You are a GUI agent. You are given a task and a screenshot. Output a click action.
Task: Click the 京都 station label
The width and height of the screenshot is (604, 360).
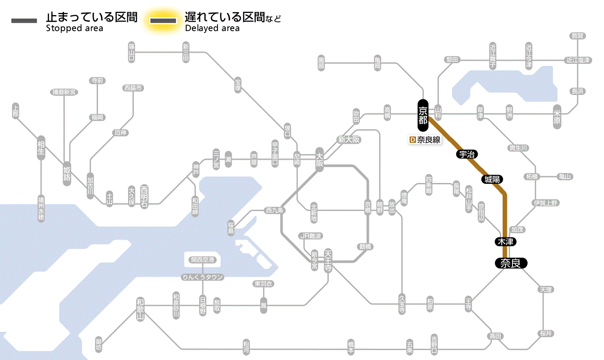click(423, 115)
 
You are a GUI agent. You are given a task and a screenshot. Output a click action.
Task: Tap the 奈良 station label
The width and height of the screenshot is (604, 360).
click(510, 263)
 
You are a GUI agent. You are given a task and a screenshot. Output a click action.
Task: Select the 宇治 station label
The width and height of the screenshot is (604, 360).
click(467, 154)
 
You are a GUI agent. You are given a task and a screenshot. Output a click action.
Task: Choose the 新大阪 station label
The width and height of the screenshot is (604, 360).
click(349, 139)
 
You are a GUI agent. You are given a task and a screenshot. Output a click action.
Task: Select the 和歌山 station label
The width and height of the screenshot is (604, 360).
click(140, 309)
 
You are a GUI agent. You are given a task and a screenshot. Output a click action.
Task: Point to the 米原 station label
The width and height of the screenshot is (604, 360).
click(557, 117)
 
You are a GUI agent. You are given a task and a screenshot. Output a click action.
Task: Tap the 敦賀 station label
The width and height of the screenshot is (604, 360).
click(578, 36)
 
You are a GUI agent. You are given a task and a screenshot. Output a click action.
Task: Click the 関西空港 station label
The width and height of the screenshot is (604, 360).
click(203, 260)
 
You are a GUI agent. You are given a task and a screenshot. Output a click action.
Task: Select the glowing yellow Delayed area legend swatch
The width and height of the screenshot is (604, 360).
click(163, 21)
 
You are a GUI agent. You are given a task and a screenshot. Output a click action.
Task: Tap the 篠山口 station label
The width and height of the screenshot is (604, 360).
click(132, 52)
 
